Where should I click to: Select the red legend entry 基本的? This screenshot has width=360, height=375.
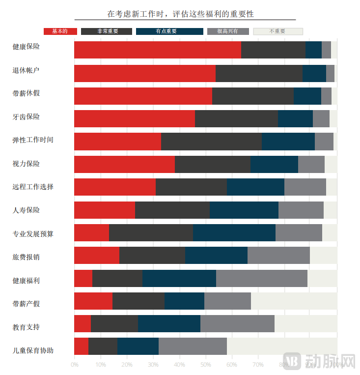60,31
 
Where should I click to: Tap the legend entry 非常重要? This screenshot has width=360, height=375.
107,31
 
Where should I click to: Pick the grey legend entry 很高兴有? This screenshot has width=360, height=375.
228,31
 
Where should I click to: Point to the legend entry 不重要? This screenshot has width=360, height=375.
278,31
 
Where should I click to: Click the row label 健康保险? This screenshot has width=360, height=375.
26,47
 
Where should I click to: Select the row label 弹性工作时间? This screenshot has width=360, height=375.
33,140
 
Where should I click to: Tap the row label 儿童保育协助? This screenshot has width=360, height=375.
33,350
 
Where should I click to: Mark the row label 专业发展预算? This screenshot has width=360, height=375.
33,234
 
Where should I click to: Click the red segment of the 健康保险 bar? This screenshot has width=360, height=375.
157,50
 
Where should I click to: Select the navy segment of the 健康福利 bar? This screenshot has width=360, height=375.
179,278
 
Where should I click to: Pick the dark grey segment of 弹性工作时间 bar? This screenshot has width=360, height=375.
211,142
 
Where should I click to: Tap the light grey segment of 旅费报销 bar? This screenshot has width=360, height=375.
278,256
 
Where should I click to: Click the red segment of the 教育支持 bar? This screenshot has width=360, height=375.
83,324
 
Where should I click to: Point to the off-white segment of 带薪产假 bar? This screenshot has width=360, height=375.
294,301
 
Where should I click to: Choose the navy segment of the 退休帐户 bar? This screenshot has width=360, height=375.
314,73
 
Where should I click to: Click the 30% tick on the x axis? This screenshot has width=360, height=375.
153,365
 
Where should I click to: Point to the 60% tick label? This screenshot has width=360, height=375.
232,365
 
